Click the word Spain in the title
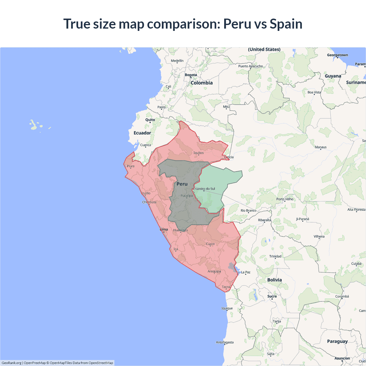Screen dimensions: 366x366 (x=286, y=24)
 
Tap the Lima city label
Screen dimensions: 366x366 (x=164, y=229)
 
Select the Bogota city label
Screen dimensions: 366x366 (x=191, y=75)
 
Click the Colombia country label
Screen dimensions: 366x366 (x=202, y=83)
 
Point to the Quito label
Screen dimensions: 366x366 (x=150, y=120)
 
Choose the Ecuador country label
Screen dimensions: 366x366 (x=142, y=133)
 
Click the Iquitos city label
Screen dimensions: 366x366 (x=198, y=153)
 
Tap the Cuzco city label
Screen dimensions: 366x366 (x=210, y=244)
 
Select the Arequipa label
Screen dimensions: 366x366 (x=214, y=271)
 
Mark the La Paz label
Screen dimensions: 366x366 (x=246, y=272)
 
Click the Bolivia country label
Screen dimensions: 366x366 (x=274, y=280)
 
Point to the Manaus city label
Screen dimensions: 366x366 (x=321, y=147)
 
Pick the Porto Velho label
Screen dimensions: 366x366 (x=285, y=199)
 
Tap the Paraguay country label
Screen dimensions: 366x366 (x=337, y=341)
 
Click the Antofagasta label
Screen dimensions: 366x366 (x=225, y=342)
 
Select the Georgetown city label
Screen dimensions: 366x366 (x=337, y=55)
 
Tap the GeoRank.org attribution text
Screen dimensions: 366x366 (x=11, y=363)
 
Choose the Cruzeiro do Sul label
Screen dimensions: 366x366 (x=204, y=189)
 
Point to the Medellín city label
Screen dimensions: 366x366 (x=177, y=61)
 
